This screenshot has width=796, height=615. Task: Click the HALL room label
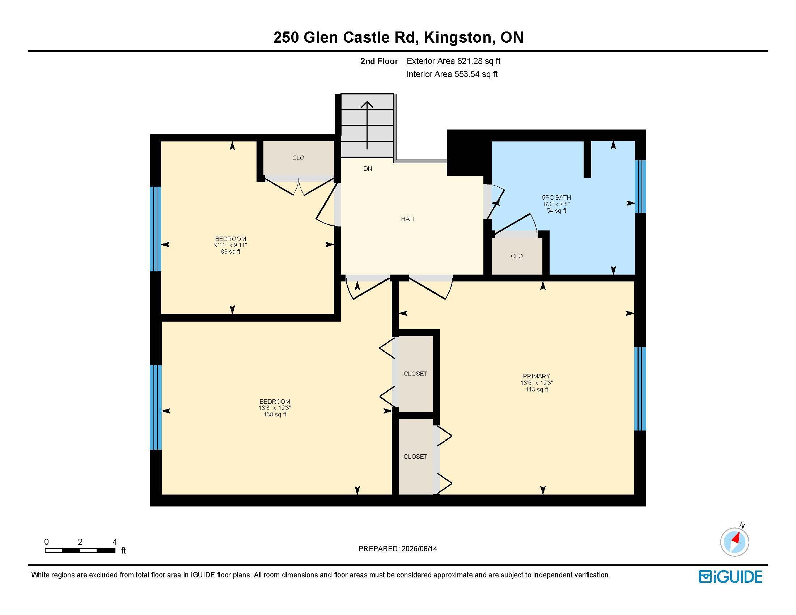click(x=408, y=219)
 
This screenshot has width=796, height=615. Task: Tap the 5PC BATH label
click(x=556, y=198)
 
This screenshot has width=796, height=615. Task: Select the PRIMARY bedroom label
click(x=536, y=376)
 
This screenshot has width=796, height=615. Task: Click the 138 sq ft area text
click(x=275, y=414)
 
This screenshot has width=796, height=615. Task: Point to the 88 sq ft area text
click(x=230, y=251)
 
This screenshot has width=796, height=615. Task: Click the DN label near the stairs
click(x=368, y=169)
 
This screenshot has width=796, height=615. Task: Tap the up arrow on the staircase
click(x=367, y=125)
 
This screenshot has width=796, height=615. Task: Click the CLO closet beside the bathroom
click(x=516, y=256)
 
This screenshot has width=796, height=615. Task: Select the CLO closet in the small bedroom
click(x=298, y=158)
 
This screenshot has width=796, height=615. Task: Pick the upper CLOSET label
click(x=415, y=374)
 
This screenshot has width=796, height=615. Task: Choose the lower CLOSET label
click(x=415, y=457)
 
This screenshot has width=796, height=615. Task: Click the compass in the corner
click(x=734, y=542)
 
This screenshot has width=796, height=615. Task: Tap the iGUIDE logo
click(x=731, y=577)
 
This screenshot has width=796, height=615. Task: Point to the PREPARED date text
click(x=398, y=549)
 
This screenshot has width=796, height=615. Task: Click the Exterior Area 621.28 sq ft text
click(x=453, y=61)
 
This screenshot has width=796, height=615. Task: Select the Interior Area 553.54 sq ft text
click(x=452, y=74)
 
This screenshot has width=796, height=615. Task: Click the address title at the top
click(x=398, y=38)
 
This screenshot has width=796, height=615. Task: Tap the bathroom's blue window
click(x=640, y=187)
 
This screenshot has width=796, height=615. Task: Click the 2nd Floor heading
click(x=379, y=61)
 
